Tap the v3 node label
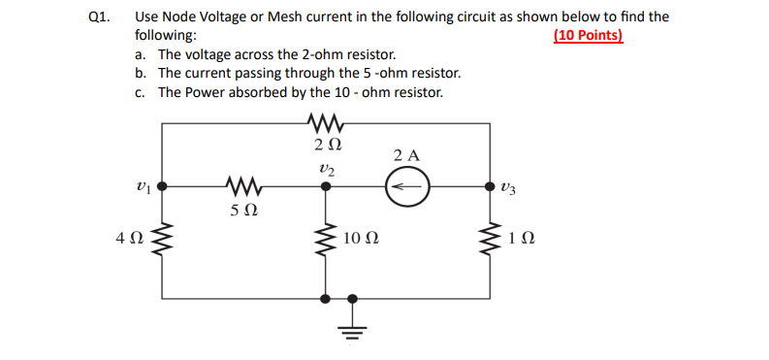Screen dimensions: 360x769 coord(510,185)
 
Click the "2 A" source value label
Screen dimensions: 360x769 coord(407,154)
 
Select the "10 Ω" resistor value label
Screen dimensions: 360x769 coord(360,238)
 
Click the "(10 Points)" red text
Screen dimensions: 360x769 coord(589,36)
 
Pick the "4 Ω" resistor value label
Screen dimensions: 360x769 coord(130,238)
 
